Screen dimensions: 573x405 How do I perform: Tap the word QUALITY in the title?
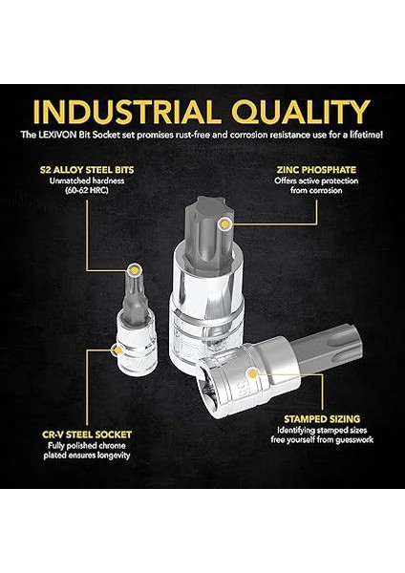[303, 111]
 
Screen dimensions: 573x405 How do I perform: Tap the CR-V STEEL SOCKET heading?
[88, 433]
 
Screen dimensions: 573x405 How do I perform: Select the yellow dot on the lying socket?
[253, 371]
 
